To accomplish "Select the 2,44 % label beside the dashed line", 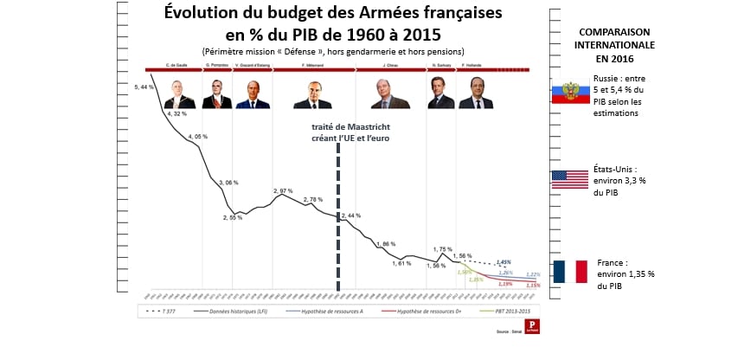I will [351, 215].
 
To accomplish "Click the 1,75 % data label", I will [444, 249].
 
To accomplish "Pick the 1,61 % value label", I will [401, 263].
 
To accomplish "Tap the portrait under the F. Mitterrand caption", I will [312, 93].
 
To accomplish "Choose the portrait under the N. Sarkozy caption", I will [440, 93].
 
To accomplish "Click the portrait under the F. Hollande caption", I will [471, 93].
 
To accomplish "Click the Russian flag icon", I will [569, 93].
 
